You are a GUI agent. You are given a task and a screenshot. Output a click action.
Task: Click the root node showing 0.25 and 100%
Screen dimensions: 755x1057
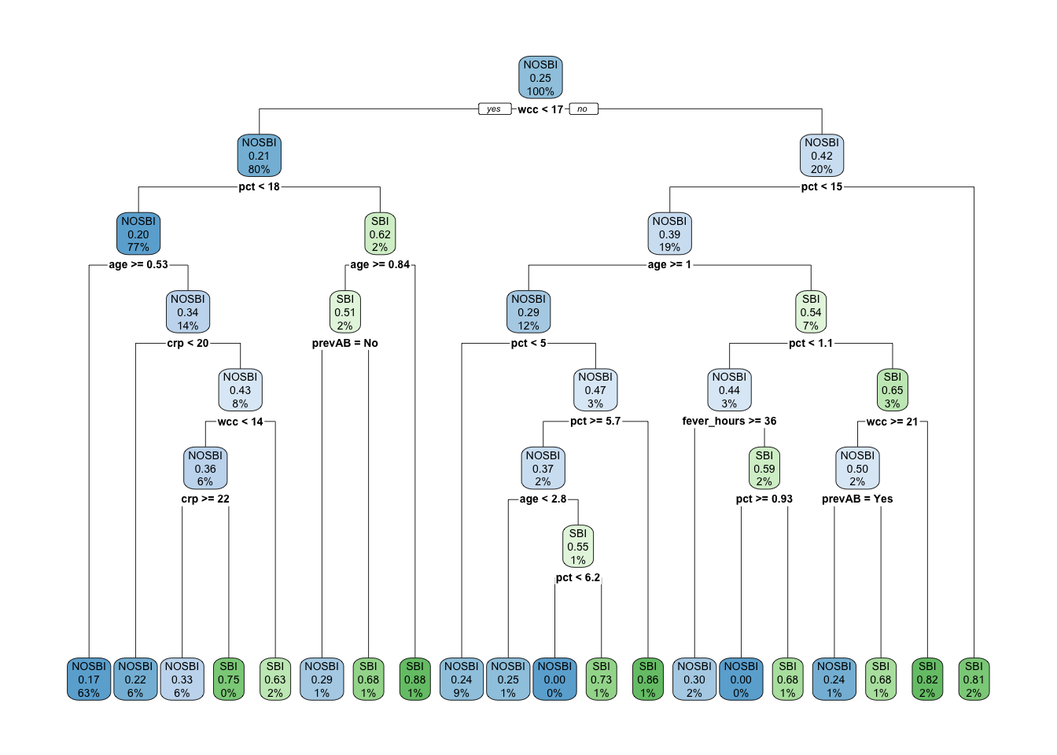click(x=540, y=78)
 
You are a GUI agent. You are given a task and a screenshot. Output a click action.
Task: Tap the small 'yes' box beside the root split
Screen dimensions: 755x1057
click(x=494, y=109)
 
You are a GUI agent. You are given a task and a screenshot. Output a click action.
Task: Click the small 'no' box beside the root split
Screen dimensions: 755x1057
click(x=583, y=109)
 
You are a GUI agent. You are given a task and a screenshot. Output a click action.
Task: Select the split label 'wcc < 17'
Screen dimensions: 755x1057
click(x=540, y=109)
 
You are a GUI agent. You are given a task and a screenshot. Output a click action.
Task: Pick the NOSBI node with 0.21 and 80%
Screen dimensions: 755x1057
click(x=259, y=156)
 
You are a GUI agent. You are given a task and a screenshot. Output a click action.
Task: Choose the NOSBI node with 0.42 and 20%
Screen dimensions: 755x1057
click(x=822, y=156)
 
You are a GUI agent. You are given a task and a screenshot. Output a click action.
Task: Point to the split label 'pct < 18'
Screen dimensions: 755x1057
click(x=259, y=187)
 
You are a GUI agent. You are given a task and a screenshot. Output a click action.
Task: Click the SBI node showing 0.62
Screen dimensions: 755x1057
click(x=380, y=234)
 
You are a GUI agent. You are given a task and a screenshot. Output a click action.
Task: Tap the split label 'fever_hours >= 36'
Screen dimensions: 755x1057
click(x=729, y=422)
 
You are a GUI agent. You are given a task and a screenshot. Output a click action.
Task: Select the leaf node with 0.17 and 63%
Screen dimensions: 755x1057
click(x=89, y=679)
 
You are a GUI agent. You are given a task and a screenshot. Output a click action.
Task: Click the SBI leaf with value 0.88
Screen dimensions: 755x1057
click(x=415, y=679)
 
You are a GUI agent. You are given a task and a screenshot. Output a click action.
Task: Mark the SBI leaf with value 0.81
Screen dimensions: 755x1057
click(x=974, y=679)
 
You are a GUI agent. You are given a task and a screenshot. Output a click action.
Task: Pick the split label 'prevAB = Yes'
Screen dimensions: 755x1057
click(x=857, y=499)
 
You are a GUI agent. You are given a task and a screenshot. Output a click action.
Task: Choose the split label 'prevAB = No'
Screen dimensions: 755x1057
click(x=344, y=344)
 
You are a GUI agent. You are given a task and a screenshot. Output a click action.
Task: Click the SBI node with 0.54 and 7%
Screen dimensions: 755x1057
click(x=811, y=312)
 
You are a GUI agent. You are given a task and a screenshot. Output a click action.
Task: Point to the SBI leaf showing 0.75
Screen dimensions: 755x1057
click(x=229, y=679)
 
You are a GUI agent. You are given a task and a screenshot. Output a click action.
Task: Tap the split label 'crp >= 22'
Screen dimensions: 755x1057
click(x=205, y=499)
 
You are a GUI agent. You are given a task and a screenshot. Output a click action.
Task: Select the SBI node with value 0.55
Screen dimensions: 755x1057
click(x=578, y=547)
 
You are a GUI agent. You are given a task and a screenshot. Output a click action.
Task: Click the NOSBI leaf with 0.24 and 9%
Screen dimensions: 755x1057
click(x=462, y=679)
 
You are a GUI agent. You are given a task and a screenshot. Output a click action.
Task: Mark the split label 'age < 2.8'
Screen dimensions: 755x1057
click(x=543, y=499)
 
